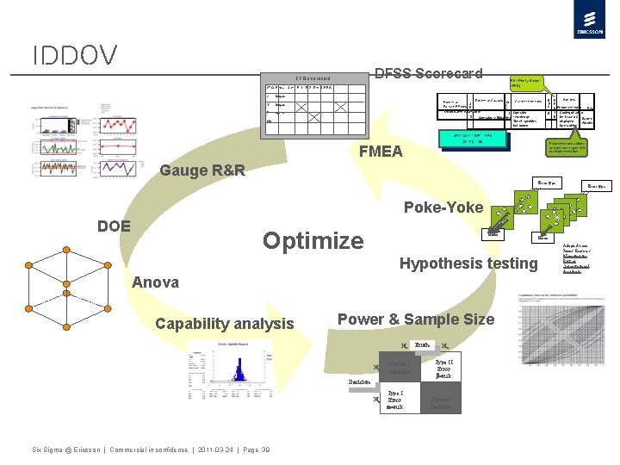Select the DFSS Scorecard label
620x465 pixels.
tap(427, 73)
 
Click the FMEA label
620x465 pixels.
tap(381, 152)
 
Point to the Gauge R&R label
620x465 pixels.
tap(202, 170)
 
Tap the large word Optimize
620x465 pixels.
tap(313, 240)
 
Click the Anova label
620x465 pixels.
tap(156, 282)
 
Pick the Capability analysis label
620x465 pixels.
tap(224, 324)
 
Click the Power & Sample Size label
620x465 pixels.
tap(416, 319)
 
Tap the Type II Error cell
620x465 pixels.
tap(444, 369)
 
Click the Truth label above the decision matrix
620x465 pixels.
tap(422, 345)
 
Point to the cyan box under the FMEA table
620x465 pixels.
tap(471, 139)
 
